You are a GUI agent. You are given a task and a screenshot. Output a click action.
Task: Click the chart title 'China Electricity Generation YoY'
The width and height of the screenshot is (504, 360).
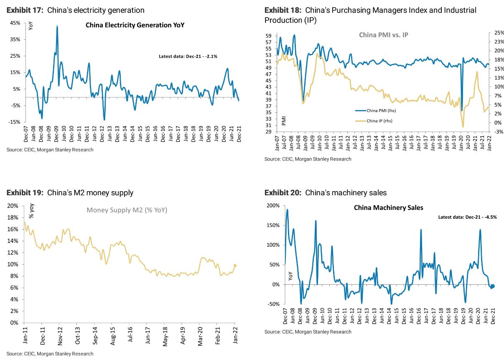(135, 25)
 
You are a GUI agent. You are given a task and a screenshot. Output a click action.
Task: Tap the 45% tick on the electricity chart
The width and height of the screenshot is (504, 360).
(15, 23)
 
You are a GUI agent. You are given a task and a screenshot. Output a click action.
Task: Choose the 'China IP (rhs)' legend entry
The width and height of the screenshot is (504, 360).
(379, 121)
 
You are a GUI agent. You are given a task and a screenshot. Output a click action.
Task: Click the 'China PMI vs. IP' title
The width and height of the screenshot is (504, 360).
(383, 35)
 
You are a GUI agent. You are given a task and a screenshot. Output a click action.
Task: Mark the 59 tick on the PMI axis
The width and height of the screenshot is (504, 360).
(268, 36)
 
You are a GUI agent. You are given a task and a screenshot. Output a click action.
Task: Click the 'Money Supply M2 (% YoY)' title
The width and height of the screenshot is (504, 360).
(127, 210)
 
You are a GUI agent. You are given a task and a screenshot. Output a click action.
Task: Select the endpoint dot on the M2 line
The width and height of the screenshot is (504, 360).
(235, 265)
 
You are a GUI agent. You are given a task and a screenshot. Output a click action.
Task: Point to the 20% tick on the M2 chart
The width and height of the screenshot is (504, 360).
(13, 206)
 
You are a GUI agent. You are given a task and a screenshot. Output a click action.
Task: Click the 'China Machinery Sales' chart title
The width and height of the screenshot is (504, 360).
(388, 208)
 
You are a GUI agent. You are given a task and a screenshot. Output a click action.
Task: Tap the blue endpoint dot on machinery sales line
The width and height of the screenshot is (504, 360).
(493, 286)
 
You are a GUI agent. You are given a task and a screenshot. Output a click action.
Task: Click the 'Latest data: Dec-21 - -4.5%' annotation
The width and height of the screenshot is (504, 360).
(467, 217)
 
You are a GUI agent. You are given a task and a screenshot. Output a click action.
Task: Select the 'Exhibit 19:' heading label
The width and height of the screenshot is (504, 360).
(25, 193)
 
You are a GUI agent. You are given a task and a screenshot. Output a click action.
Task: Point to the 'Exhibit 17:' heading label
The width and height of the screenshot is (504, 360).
(25, 10)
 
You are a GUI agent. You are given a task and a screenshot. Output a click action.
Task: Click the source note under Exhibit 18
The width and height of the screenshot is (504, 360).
(308, 159)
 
